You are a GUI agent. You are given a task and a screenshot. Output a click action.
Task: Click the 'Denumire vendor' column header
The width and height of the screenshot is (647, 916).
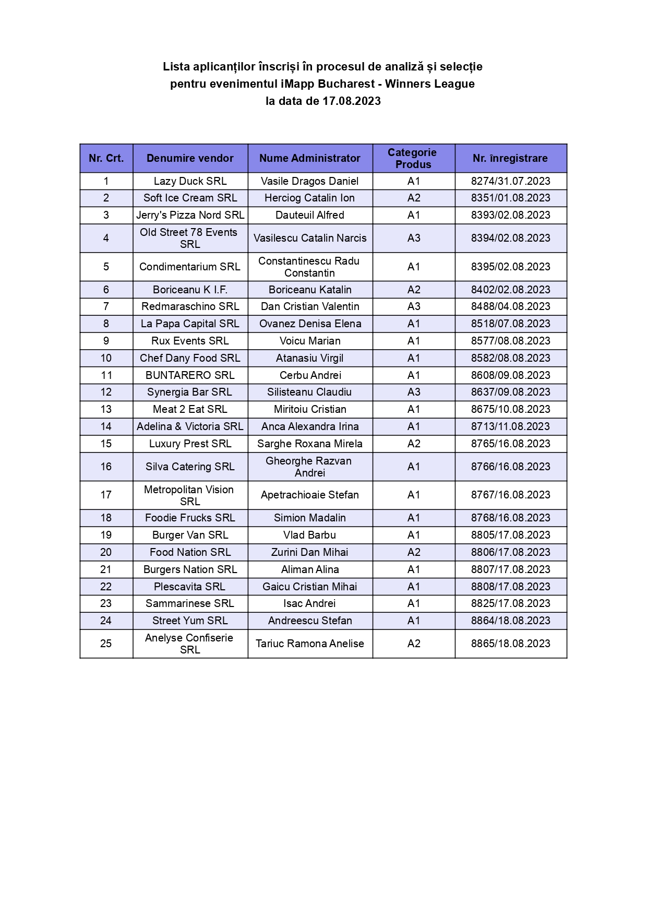pyautogui.click(x=190, y=158)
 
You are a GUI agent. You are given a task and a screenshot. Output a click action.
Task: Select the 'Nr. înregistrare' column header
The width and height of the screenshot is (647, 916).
pyautogui.click(x=510, y=158)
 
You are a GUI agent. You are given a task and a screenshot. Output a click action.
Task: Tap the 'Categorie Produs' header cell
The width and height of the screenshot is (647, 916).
pyautogui.click(x=413, y=158)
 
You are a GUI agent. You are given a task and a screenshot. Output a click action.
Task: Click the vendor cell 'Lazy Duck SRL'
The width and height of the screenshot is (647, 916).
pyautogui.click(x=190, y=181)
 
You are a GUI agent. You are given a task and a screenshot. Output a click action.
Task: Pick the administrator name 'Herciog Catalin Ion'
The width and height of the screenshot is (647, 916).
pyautogui.click(x=309, y=198)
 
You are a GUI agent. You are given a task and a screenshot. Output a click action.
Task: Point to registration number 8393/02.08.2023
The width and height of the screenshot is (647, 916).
pyautogui.click(x=510, y=215)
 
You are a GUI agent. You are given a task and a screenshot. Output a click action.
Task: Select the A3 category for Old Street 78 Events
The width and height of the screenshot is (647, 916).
pyautogui.click(x=413, y=238)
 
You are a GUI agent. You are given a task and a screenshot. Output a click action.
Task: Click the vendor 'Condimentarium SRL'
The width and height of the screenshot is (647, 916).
pyautogui.click(x=190, y=267)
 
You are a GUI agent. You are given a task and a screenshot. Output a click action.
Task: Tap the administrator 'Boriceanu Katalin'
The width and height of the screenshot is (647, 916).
pyautogui.click(x=310, y=290)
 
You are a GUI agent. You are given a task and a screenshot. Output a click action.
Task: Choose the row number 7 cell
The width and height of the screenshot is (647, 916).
pyautogui.click(x=106, y=306)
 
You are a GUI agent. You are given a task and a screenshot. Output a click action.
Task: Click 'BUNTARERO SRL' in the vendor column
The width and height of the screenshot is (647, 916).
pyautogui.click(x=190, y=375)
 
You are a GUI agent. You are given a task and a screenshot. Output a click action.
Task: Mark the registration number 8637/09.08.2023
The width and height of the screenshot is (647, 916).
pyautogui.click(x=510, y=392)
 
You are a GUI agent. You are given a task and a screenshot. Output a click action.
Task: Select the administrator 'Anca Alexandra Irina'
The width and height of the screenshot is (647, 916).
pyautogui.click(x=310, y=426)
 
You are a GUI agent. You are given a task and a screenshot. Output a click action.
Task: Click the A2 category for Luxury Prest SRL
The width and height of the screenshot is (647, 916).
pyautogui.click(x=413, y=444)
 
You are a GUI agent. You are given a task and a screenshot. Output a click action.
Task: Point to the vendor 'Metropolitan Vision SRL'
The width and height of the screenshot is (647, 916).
pyautogui.click(x=189, y=495)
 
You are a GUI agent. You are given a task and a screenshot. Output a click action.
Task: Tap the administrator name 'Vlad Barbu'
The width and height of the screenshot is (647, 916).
pyautogui.click(x=309, y=535)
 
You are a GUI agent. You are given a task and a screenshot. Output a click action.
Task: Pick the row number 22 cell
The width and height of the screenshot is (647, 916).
pyautogui.click(x=106, y=587)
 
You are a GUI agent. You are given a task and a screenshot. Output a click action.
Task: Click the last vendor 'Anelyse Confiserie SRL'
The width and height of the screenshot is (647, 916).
pyautogui.click(x=189, y=644)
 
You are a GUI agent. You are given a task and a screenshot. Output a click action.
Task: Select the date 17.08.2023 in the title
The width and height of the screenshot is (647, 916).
pyautogui.click(x=351, y=101)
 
